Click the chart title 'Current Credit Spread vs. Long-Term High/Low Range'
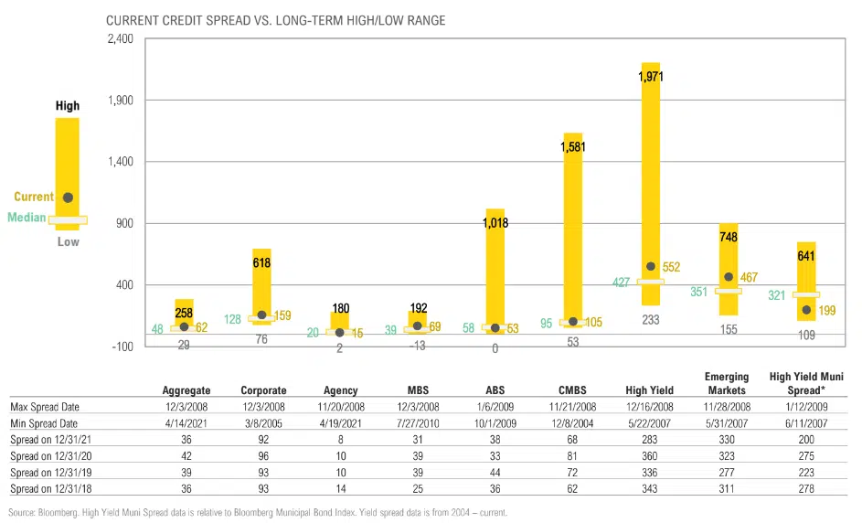click(x=275, y=20)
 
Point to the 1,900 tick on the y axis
click(x=68, y=101)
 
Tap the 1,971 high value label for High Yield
click(x=651, y=78)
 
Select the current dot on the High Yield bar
click(x=651, y=267)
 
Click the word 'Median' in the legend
click(x=27, y=218)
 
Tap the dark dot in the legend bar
click(x=68, y=197)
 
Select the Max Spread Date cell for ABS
click(x=495, y=407)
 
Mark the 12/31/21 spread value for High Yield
click(x=651, y=440)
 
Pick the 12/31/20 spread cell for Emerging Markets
click(x=726, y=456)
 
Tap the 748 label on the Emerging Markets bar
click(x=729, y=237)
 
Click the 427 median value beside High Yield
click(x=622, y=283)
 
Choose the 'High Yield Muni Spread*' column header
click(x=806, y=383)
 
